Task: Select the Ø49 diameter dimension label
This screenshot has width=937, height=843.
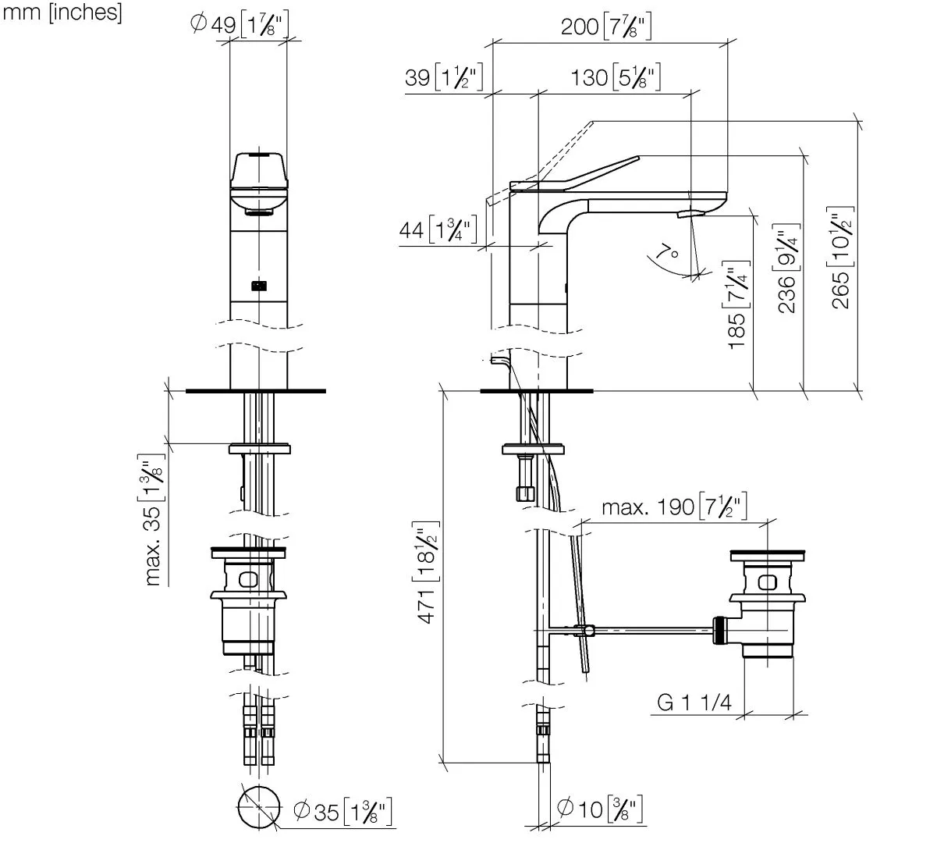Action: coord(240,25)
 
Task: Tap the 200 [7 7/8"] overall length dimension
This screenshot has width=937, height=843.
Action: coord(606,27)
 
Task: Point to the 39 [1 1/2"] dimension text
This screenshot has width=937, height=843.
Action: coord(445,78)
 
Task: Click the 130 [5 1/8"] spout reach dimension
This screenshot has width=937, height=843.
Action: coord(616,78)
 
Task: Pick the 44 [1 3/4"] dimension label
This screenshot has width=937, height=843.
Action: coord(438,230)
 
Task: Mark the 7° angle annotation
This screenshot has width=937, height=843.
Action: coord(668,252)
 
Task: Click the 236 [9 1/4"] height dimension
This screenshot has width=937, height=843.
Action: coord(788,269)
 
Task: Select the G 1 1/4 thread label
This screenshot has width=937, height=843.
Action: coord(694,702)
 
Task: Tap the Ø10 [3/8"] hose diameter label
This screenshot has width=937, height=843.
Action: coord(600,809)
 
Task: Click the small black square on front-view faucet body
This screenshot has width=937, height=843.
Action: coord(258,286)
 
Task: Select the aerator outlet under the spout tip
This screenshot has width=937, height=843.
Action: coord(688,213)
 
